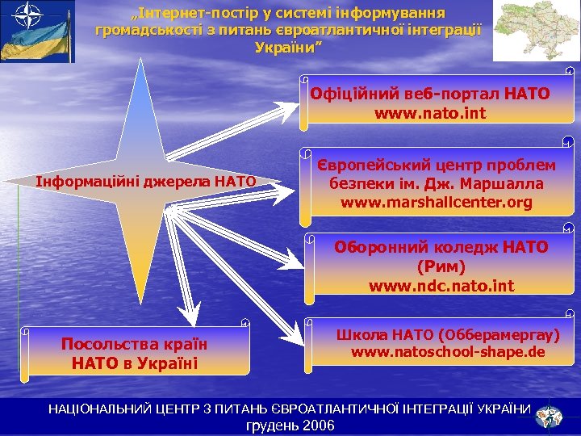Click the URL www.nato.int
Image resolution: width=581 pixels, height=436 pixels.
pos(430,113)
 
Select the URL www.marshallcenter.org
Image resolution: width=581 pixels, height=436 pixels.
pos(436,202)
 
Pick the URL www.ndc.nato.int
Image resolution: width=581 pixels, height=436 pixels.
pos(441,285)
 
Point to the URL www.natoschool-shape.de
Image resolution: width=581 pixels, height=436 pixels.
pos(447,353)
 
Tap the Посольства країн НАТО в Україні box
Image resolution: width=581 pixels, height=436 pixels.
pos(134,353)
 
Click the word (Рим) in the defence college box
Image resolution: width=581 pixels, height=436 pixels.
pos(441,266)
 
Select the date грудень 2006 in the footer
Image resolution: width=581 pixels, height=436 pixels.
pos(290,426)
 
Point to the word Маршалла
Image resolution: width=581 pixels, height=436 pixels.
pos(508,183)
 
